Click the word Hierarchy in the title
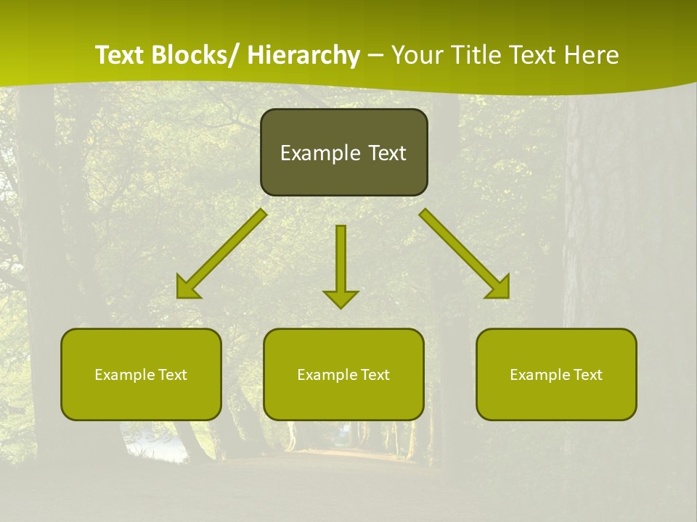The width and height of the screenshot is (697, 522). coord(303,55)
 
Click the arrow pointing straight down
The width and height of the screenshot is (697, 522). coord(341,261)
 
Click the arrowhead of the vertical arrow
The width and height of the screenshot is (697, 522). coord(341,298)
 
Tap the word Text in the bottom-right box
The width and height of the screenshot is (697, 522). coord(587,375)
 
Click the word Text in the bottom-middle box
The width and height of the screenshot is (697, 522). coord(375,375)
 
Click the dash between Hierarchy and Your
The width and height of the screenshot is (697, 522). coord(375,56)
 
